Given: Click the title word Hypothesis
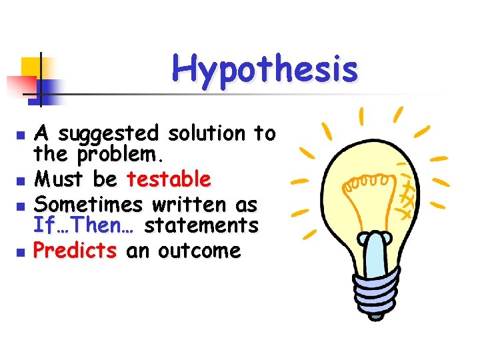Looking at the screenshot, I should coord(265,69).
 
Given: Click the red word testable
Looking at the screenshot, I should coord(169,179).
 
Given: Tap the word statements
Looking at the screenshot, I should coord(201,227).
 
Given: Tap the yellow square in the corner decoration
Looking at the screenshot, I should coord(32,67).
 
